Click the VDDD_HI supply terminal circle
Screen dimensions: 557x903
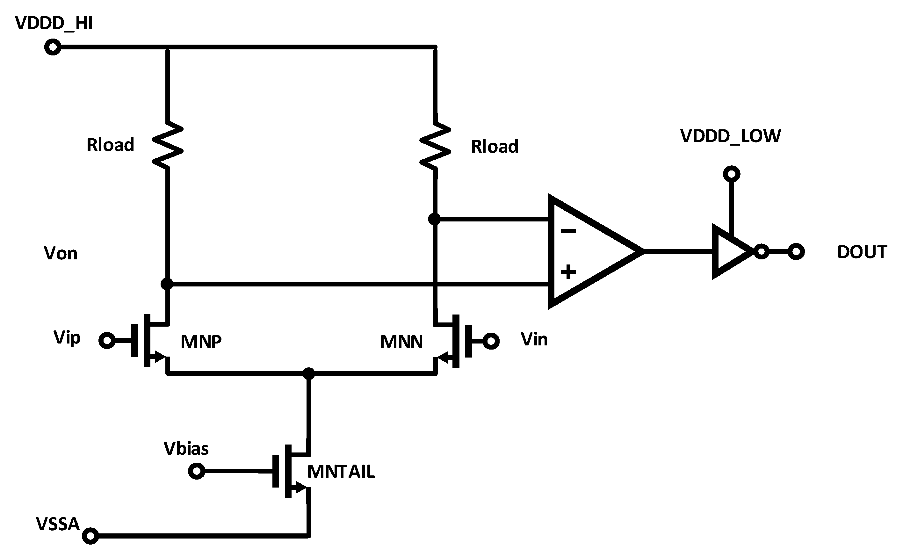point(53,47)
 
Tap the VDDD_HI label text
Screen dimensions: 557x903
point(54,23)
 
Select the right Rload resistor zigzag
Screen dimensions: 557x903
point(435,146)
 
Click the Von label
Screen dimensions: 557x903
point(61,253)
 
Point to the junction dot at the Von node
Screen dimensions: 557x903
point(167,284)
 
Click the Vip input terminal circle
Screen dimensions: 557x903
point(107,340)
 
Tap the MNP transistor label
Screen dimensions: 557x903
point(201,342)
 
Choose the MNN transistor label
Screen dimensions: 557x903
point(401,342)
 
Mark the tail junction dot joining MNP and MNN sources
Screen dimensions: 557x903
point(309,373)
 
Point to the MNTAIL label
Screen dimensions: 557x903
point(341,472)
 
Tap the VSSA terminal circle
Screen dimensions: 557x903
point(90,536)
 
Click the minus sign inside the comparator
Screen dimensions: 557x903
point(568,231)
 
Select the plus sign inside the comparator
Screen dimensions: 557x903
point(568,272)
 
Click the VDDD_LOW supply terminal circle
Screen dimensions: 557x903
point(731,174)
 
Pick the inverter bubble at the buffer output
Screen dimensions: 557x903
point(761,252)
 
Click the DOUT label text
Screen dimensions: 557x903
point(862,252)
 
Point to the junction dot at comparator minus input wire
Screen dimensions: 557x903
point(435,219)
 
